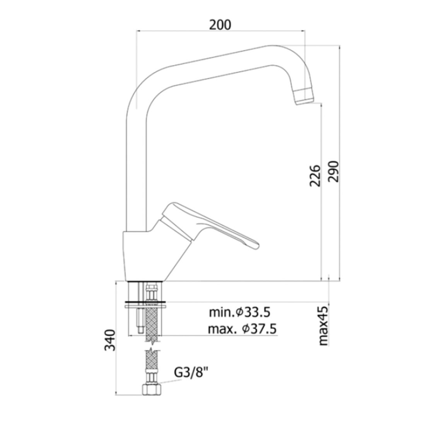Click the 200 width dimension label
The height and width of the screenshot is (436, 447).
pos(220,25)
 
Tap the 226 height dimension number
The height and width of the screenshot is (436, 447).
pos(315,175)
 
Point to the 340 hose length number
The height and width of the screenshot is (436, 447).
pos(110,340)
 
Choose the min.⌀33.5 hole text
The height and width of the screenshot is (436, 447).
pos(239,313)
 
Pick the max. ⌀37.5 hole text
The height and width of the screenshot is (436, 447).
pos(242,329)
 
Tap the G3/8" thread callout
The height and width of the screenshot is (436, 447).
pos(191,373)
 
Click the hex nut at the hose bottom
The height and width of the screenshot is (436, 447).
pos(151,390)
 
